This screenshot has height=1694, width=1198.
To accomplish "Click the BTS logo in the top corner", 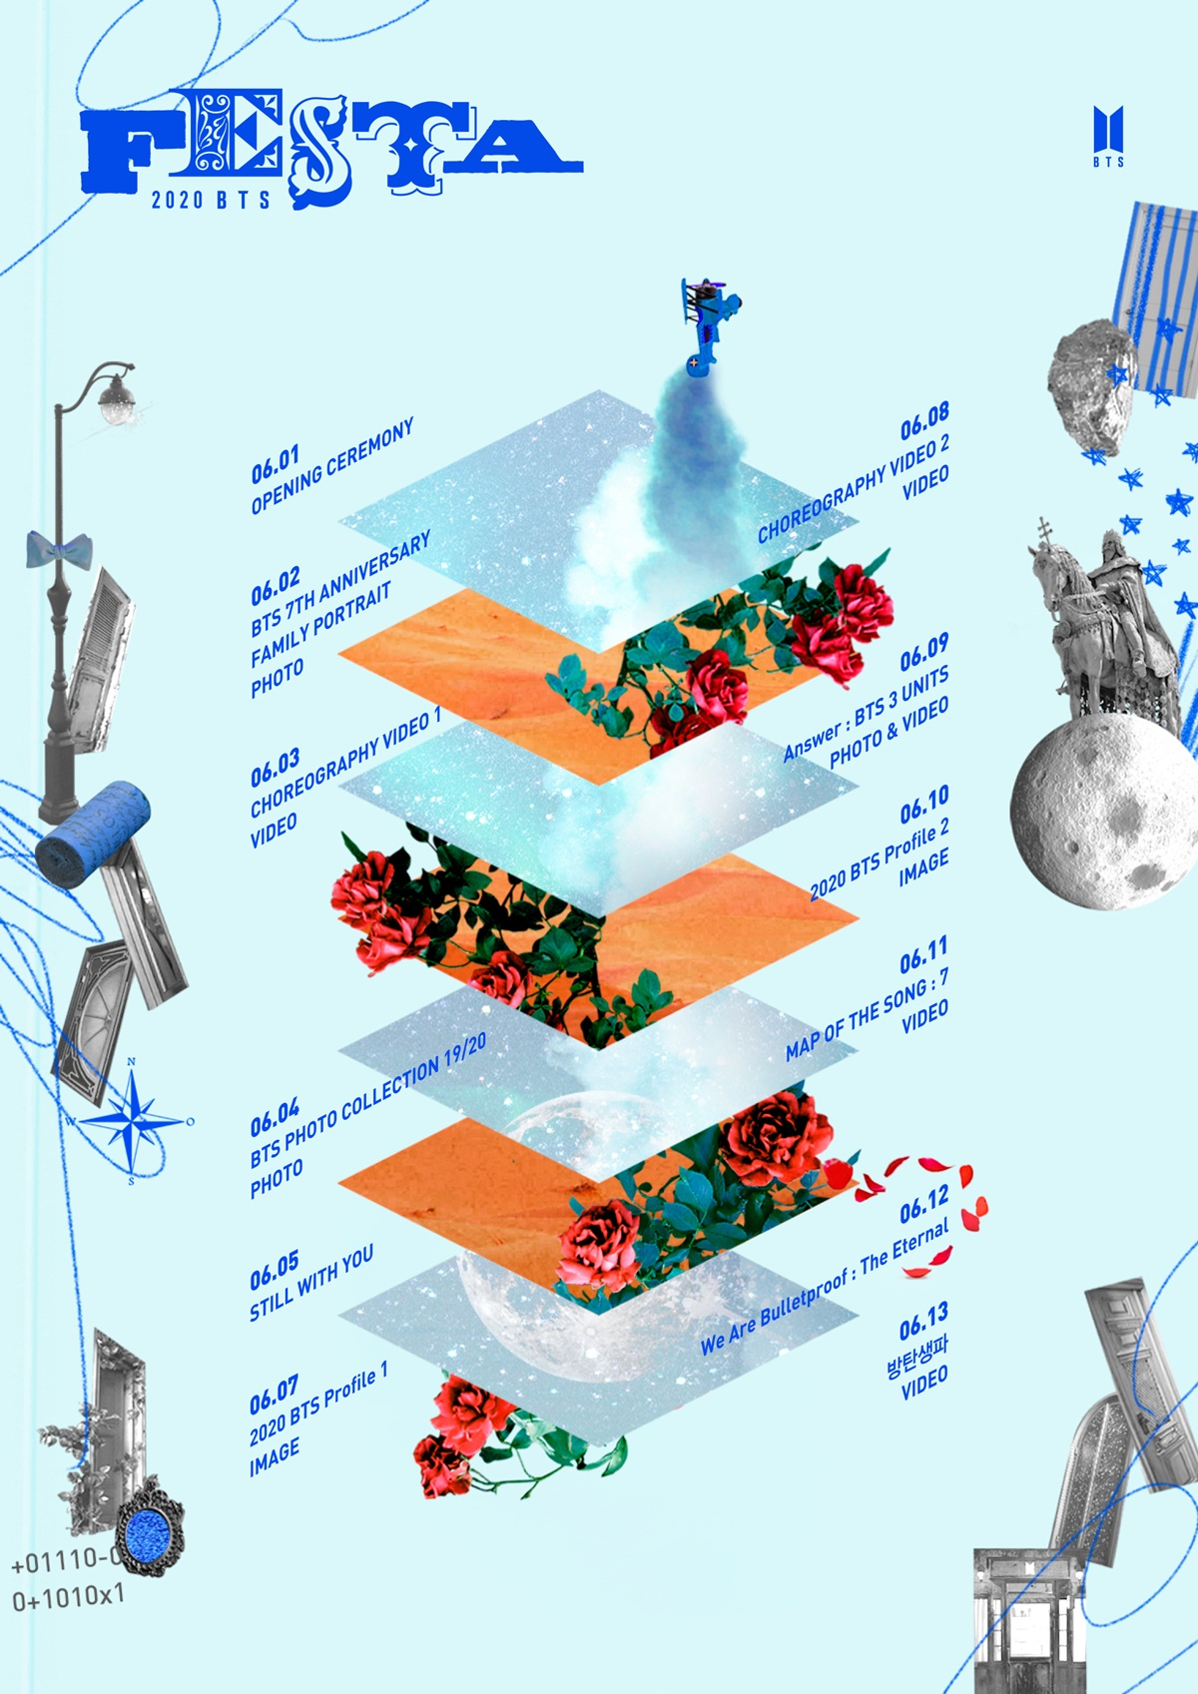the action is (1108, 136).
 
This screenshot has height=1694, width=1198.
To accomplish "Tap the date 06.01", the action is (276, 464).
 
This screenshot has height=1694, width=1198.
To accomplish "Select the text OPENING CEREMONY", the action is (332, 466).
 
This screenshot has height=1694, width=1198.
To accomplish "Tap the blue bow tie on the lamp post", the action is (59, 550).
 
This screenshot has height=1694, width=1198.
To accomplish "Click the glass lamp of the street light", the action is (115, 398).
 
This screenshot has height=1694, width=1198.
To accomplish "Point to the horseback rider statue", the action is (1104, 628).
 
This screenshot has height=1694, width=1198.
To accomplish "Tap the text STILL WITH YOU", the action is (311, 1283).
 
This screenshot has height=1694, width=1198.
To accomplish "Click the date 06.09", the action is (923, 653).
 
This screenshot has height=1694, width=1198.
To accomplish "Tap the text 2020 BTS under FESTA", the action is (211, 200).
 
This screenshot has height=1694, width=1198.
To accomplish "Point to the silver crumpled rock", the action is (1092, 385).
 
